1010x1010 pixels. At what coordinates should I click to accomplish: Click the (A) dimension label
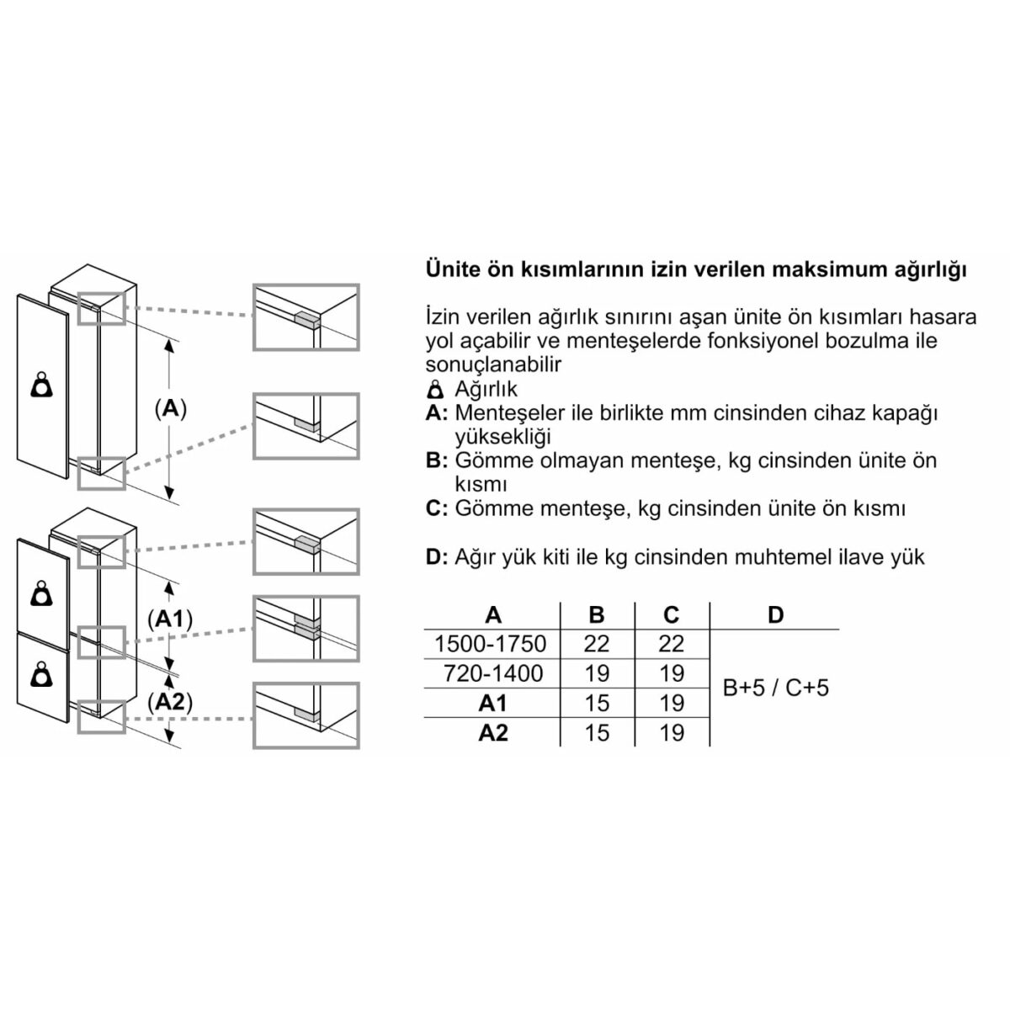point(170,409)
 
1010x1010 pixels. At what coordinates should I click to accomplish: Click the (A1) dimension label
point(170,619)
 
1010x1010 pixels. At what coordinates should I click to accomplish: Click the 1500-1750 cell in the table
point(490,644)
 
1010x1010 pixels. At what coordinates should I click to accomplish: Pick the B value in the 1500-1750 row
point(596,644)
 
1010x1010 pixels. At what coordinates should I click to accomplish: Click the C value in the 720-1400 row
point(672,673)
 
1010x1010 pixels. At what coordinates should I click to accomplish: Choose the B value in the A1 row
point(596,703)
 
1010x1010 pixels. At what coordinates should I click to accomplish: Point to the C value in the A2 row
point(672,733)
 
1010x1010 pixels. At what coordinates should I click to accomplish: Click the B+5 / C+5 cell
point(775,688)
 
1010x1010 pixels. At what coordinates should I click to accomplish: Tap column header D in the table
point(775,614)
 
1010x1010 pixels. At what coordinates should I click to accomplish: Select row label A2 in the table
point(493,733)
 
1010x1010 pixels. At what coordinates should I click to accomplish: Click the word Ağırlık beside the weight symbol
point(486,389)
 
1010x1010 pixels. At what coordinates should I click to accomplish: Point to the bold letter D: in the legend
point(436,556)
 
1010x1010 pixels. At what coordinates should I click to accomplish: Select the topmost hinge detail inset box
point(306,316)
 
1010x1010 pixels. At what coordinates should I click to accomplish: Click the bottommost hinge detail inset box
point(306,714)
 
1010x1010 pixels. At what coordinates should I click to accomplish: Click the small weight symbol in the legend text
point(435,389)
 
